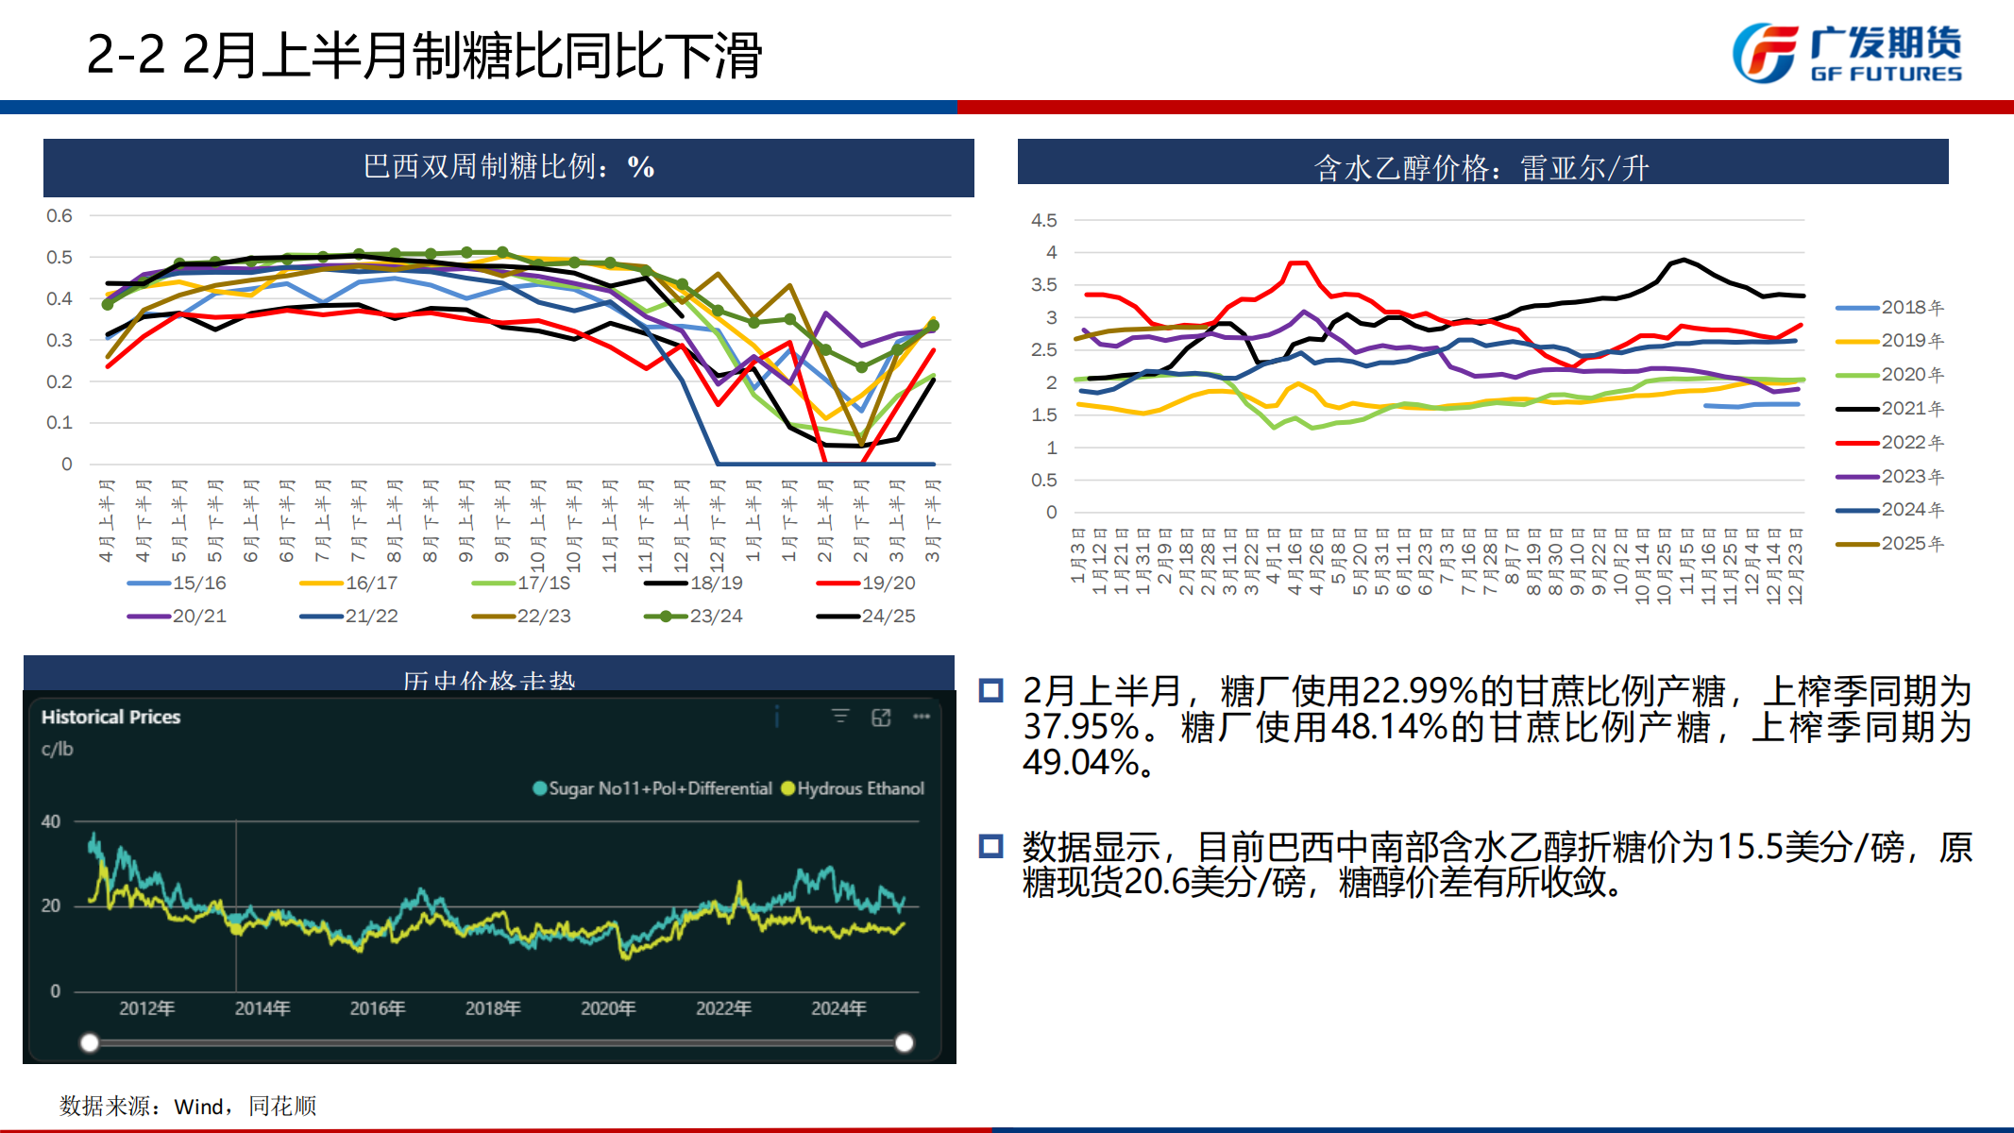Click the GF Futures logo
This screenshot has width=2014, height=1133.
[1847, 53]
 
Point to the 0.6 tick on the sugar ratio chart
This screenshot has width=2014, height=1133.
[59, 216]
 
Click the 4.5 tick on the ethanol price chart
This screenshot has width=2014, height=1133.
[1043, 220]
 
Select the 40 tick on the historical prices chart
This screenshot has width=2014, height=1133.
[51, 821]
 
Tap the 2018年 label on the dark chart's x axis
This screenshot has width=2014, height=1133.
[493, 1008]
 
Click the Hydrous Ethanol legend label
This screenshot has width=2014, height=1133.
[860, 788]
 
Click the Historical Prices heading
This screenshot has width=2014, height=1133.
[110, 717]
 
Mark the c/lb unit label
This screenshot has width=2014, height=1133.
[57, 749]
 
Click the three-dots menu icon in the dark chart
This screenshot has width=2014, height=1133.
[922, 717]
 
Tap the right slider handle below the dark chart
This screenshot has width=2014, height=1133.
[904, 1042]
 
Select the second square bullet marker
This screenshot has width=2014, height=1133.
[990, 845]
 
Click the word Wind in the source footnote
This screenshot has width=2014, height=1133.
[198, 1107]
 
